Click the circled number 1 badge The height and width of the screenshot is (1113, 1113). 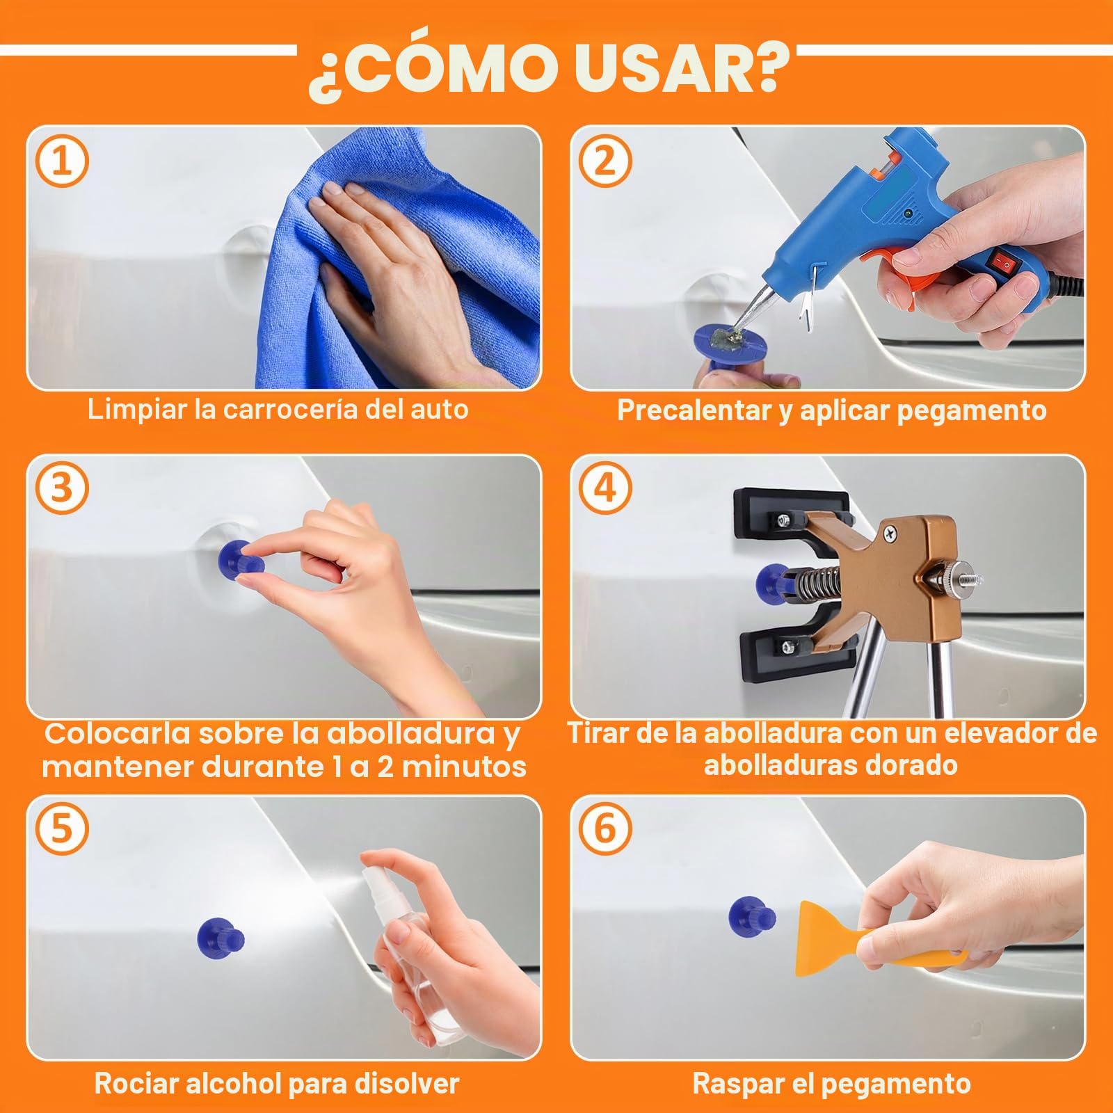pyautogui.click(x=62, y=161)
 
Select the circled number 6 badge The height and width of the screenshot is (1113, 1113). pyautogui.click(x=604, y=828)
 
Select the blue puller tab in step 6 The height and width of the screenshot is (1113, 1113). pyautogui.click(x=752, y=915)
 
